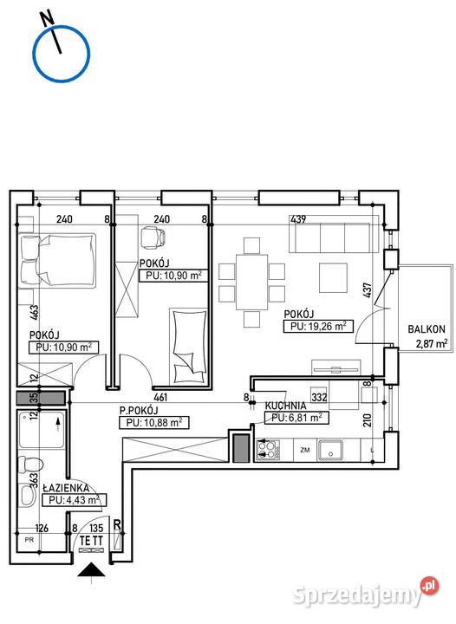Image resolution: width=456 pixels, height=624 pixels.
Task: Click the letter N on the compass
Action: tap(48, 18)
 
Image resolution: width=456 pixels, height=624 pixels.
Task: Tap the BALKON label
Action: tap(427, 329)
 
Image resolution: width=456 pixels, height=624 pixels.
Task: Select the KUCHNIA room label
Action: tap(286, 406)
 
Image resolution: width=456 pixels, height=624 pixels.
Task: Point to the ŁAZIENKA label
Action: tap(65, 488)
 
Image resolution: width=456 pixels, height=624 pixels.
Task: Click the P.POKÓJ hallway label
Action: tap(139, 411)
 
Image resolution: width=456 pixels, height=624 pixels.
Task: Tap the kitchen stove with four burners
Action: tap(268, 451)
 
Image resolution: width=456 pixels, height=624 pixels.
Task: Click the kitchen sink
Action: tap(330, 450)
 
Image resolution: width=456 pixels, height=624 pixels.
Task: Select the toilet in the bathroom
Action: tap(30, 464)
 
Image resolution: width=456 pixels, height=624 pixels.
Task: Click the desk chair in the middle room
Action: tap(153, 237)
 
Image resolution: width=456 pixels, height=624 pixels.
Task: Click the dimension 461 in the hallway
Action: tap(160, 397)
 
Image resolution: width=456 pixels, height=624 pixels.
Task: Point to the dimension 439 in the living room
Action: tap(298, 219)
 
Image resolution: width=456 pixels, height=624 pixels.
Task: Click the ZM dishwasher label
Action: tap(305, 451)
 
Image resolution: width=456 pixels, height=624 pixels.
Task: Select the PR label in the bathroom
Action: tap(29, 541)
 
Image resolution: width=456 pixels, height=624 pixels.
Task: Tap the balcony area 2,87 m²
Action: tap(432, 343)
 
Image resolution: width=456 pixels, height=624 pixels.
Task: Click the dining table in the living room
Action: tap(252, 282)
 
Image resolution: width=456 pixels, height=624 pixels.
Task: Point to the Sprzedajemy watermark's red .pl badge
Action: tap(430, 586)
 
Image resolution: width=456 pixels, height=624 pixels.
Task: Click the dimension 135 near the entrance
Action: tap(96, 528)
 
